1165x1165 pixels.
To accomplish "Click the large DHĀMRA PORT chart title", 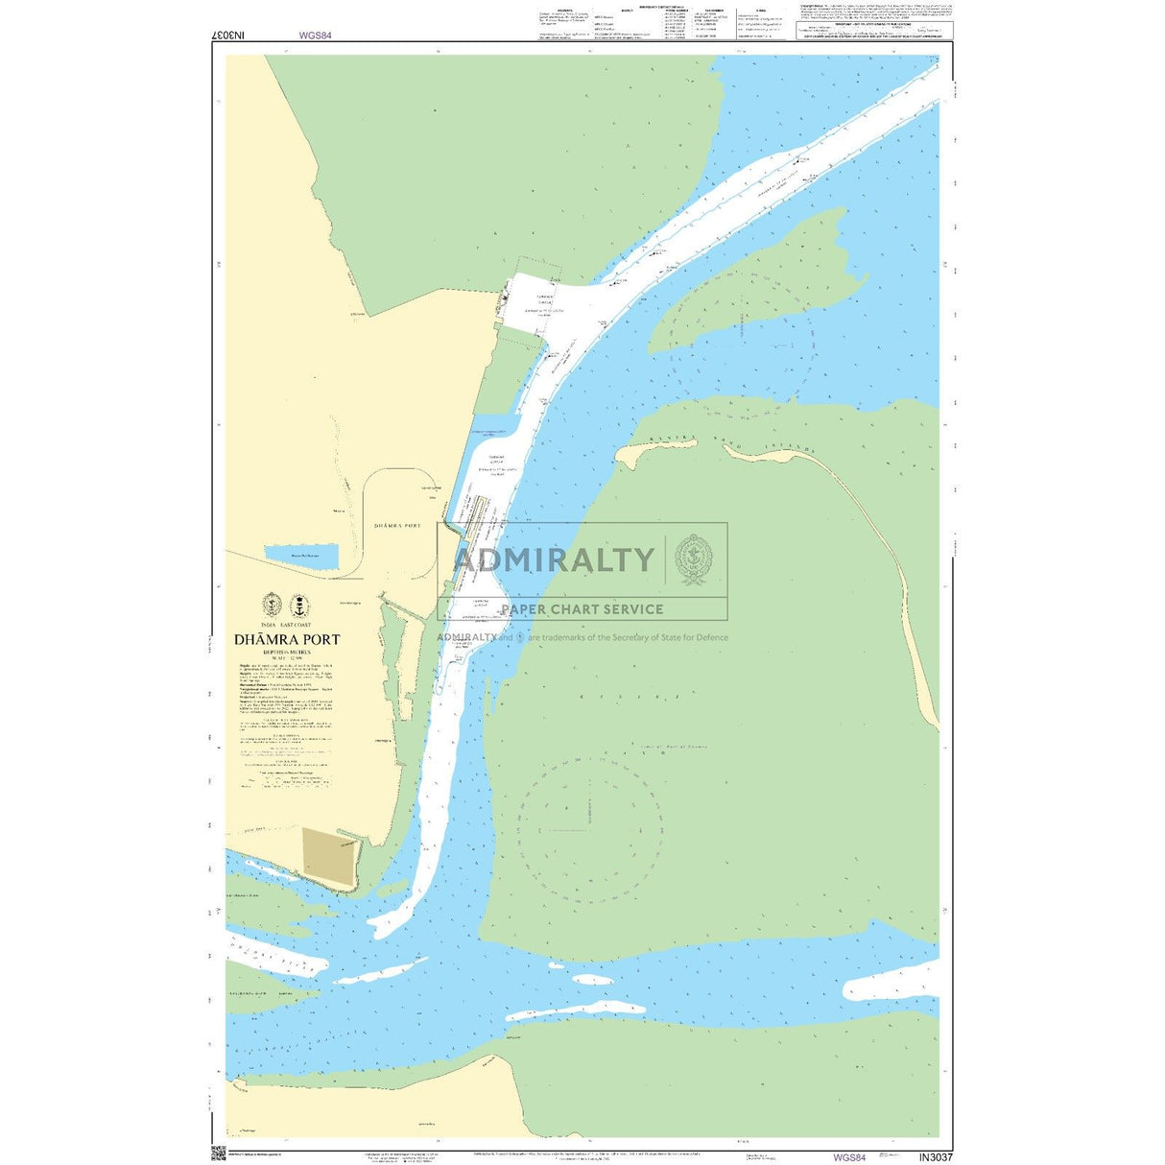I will click(287, 639).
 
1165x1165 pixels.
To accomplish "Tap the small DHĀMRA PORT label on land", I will click(397, 526).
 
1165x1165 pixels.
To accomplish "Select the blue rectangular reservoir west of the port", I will click(301, 556).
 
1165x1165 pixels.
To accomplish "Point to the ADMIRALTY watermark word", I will click(554, 559).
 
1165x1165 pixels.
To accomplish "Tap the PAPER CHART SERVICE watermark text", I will click(582, 608).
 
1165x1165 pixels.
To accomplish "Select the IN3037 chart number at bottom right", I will click(935, 1156).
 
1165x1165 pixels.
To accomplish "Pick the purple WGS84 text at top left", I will click(315, 35).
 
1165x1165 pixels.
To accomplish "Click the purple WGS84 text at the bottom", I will click(848, 1156).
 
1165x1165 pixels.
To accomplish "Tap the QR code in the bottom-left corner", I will click(218, 1153).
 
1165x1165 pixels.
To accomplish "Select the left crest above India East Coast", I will click(272, 606).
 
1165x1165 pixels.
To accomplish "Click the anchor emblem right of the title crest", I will click(300, 606).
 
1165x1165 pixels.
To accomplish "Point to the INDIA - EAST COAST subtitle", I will click(287, 625).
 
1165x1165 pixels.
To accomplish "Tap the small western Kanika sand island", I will click(641, 454).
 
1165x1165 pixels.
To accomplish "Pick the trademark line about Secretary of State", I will click(582, 637).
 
